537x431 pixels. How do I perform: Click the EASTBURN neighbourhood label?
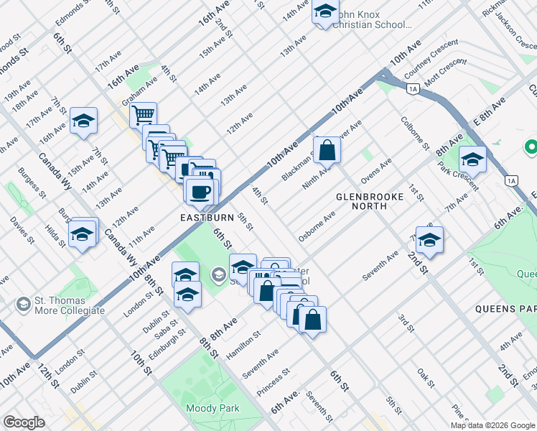(207, 216)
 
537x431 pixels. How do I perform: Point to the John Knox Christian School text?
(374, 19)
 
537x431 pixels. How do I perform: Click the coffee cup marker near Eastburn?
(201, 191)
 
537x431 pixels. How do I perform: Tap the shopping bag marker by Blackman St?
(327, 151)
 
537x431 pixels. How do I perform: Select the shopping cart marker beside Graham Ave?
(144, 114)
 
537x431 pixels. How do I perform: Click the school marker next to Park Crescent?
(472, 159)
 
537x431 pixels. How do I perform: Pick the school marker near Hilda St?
(83, 234)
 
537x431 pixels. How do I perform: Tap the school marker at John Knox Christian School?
(325, 11)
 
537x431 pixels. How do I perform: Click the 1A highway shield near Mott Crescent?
(412, 88)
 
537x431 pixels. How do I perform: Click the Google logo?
(24, 422)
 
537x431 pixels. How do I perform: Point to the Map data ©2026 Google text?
(492, 425)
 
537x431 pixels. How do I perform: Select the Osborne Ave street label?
(317, 226)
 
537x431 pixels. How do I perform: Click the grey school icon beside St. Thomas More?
(24, 305)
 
